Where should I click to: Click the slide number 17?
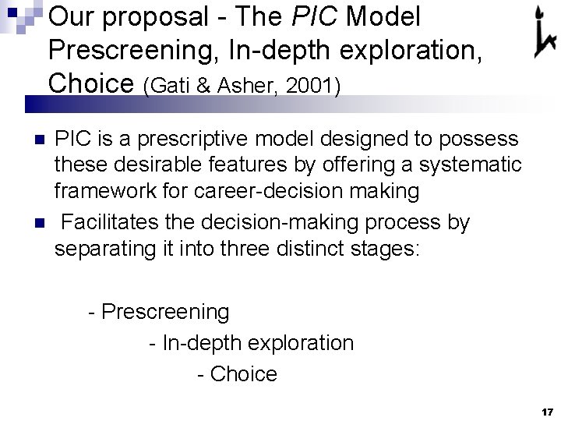(x=545, y=411)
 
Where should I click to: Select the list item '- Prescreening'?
(x=160, y=312)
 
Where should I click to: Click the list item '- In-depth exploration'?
(x=251, y=343)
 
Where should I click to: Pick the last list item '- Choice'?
(x=238, y=374)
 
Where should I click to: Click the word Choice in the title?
(x=93, y=82)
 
